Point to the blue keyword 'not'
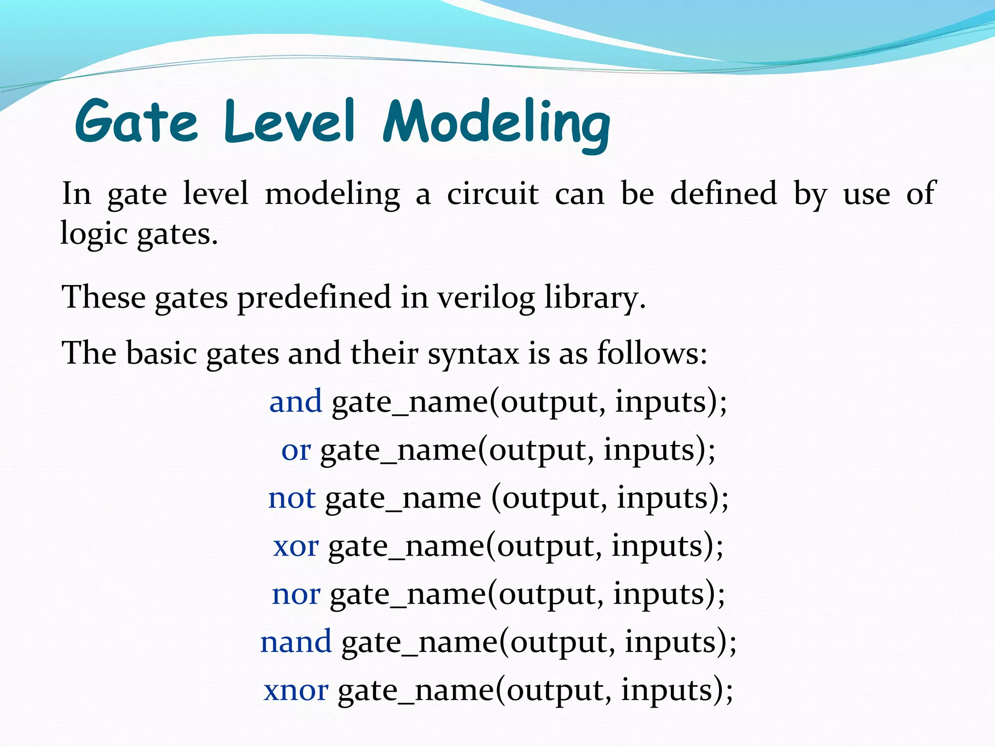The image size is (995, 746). [292, 498]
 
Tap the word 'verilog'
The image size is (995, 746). [486, 297]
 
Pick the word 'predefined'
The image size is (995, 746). [314, 297]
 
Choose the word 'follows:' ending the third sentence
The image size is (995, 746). [652, 353]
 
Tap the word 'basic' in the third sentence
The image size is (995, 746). [161, 353]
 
